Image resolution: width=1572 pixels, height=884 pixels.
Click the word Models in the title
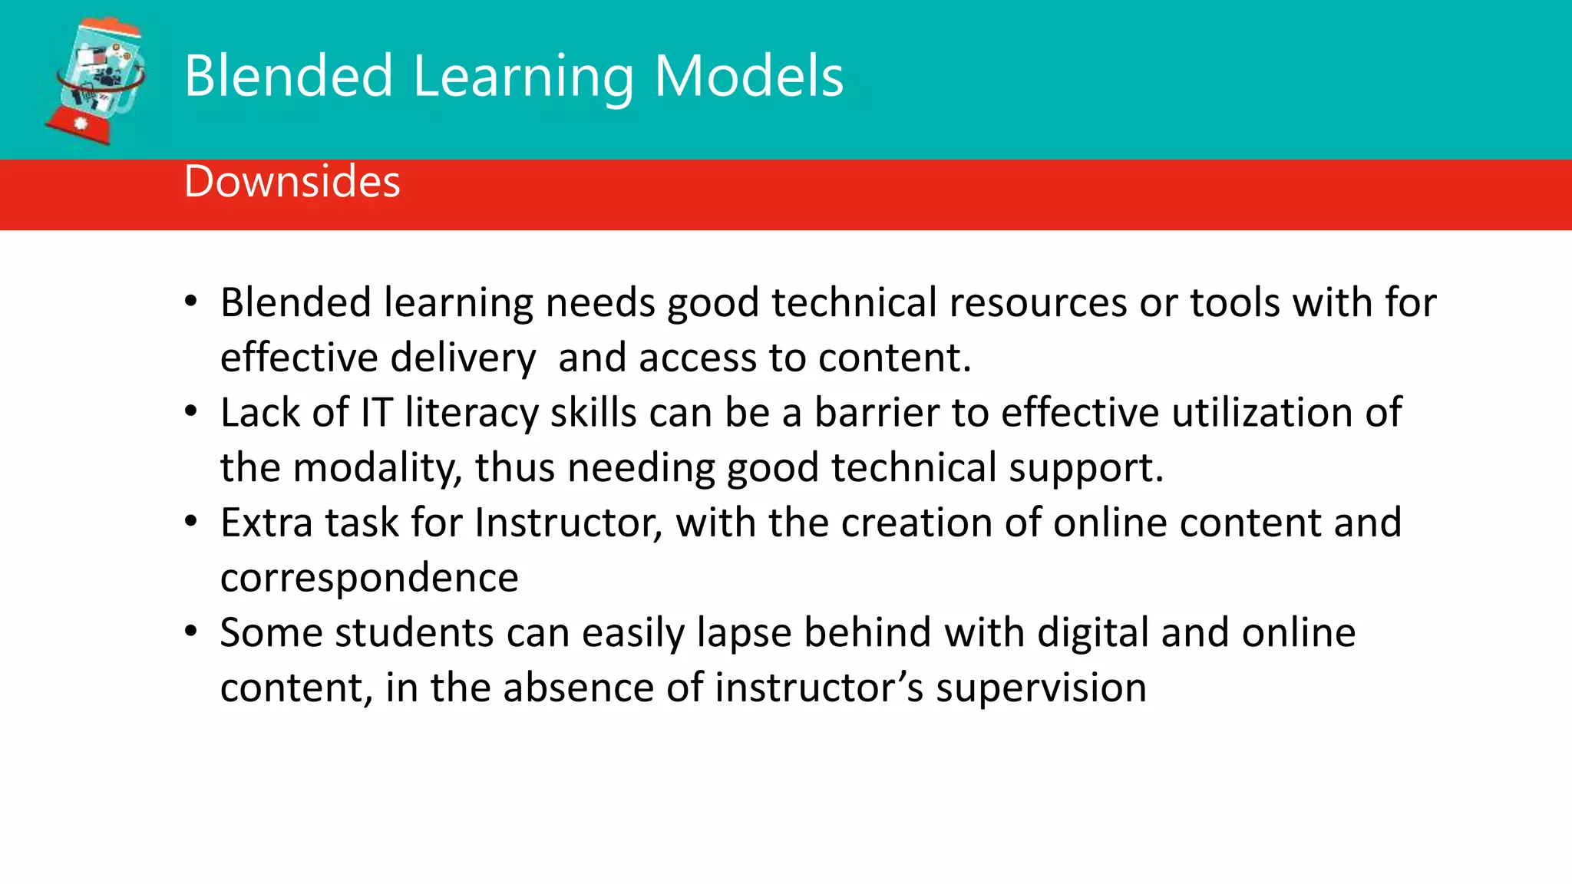(x=748, y=76)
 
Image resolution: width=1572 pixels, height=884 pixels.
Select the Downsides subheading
(x=292, y=182)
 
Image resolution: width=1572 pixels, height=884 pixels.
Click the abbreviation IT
(x=376, y=412)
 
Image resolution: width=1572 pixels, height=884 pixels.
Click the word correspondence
(x=369, y=579)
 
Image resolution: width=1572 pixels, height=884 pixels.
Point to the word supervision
(x=1041, y=688)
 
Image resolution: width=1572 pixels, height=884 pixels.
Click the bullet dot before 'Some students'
(x=191, y=632)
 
